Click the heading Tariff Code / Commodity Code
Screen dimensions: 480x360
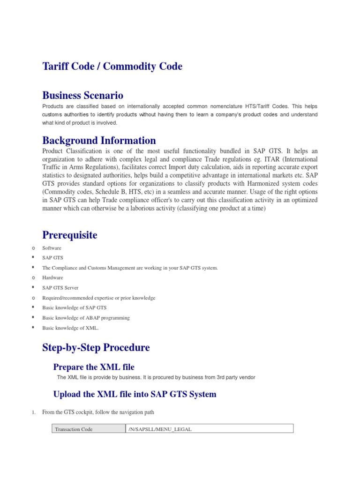(112, 67)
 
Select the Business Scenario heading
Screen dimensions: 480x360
(82, 96)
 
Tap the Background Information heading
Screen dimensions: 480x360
(99, 140)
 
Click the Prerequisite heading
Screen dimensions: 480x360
(70, 235)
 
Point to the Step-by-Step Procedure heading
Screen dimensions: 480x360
(96, 348)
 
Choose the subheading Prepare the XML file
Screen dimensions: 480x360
(94, 367)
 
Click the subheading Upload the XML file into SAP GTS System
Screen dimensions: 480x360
(135, 394)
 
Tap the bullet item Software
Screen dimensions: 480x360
(52, 247)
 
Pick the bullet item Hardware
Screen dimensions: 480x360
(52, 277)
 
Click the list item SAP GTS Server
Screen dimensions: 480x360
(60, 288)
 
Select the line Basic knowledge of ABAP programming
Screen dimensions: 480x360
(86, 318)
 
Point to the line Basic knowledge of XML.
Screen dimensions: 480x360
(70, 328)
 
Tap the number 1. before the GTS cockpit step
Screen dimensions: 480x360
(34, 412)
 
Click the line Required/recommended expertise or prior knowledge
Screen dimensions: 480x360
(98, 298)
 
